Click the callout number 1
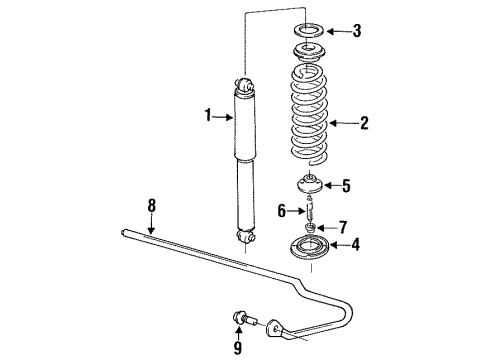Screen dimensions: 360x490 209,117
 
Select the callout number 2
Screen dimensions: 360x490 364,124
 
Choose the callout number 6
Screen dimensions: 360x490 281,210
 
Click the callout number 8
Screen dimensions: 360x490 152,206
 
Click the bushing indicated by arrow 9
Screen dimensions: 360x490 241,320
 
